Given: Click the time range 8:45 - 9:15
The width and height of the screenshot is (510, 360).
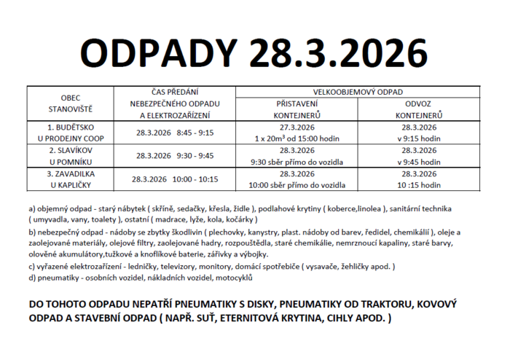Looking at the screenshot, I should tap(195, 133).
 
